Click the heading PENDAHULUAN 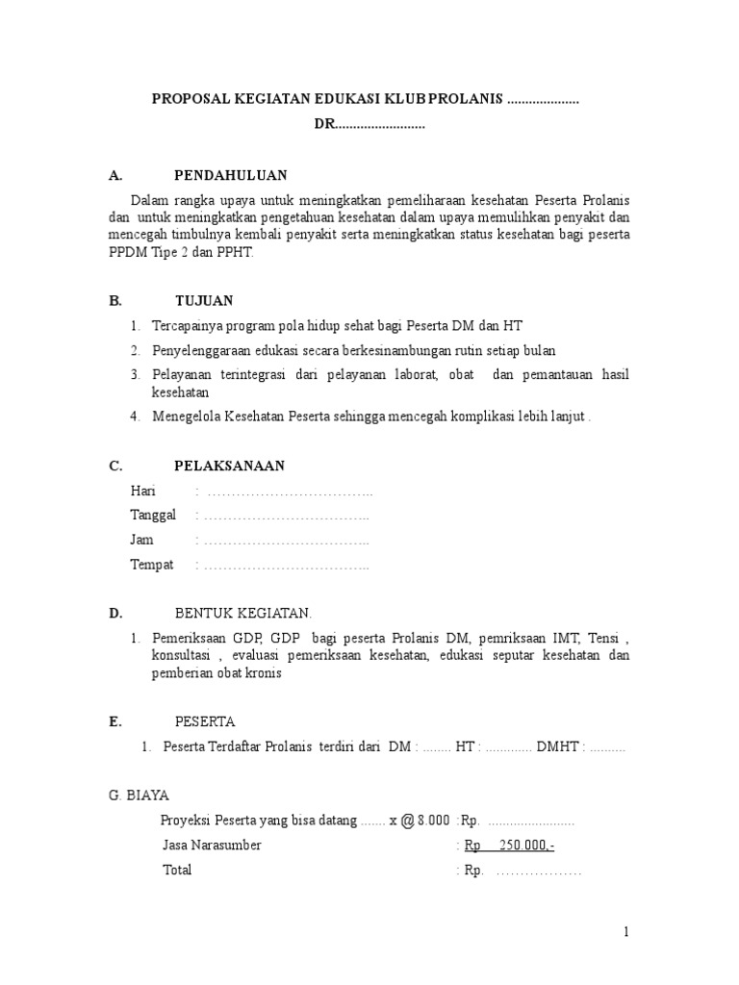coord(230,175)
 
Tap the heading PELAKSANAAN coord(229,466)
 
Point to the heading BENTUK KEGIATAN coord(242,613)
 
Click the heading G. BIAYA coord(140,795)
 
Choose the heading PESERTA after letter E coord(204,721)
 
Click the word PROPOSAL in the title coord(189,99)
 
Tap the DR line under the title coord(369,125)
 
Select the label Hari coord(142,492)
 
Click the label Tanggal coord(153,516)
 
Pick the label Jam coord(141,540)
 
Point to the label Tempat coord(152,565)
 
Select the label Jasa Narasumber coord(212,845)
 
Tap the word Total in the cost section coord(177,870)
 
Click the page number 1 coord(625,931)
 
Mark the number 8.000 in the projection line coord(433,820)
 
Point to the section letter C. coord(115,466)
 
